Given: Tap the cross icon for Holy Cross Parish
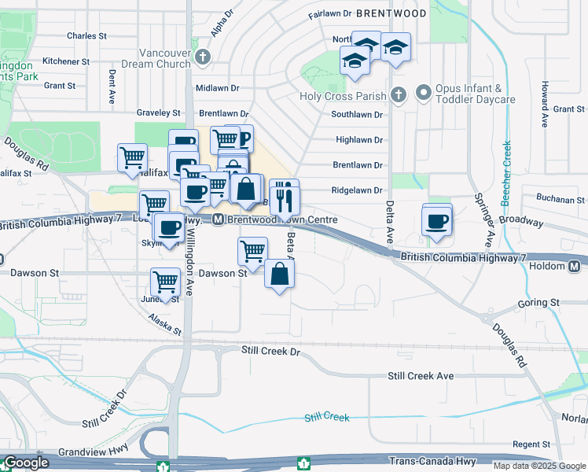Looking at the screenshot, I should click(x=399, y=96).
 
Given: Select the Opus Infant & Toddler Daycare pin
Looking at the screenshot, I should click(x=424, y=94).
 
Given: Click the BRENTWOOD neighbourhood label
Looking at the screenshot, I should click(x=391, y=13).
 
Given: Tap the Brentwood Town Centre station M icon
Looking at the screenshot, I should click(x=218, y=219).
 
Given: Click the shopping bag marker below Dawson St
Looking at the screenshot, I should click(x=279, y=275).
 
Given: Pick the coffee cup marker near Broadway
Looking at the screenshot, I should click(x=437, y=221).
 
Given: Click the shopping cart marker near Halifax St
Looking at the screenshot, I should click(x=132, y=157).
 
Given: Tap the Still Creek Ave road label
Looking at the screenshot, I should click(x=421, y=376).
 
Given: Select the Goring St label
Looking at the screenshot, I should click(x=538, y=303).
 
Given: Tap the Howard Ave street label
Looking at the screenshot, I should click(x=543, y=105).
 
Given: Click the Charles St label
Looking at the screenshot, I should click(x=86, y=36).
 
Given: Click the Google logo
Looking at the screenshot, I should click(x=25, y=463).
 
